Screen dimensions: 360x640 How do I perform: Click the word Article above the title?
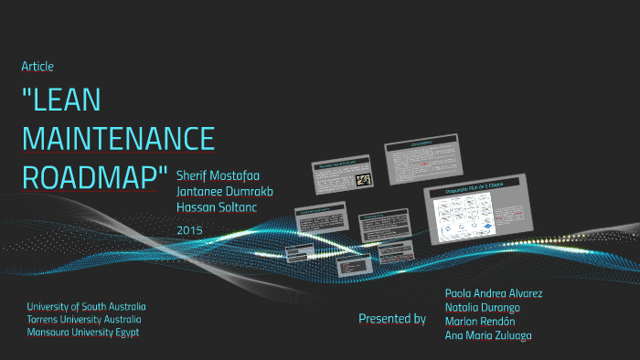[x=37, y=66]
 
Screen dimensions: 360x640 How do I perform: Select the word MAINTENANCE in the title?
[x=118, y=139]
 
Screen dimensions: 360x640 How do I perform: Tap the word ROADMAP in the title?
[x=95, y=177]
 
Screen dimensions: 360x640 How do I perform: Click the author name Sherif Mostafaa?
[x=222, y=174]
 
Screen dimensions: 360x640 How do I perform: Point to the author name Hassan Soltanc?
[x=218, y=207]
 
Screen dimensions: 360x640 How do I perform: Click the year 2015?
[x=189, y=229]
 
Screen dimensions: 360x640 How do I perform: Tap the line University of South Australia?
[x=87, y=306]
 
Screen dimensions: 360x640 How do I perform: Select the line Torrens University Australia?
[x=84, y=320]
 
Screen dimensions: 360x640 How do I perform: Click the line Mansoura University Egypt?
[x=83, y=333]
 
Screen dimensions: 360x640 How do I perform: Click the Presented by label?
[x=391, y=319]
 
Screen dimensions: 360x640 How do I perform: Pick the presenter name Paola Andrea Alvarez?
[x=493, y=293]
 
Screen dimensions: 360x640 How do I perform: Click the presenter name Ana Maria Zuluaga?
[x=488, y=336]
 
